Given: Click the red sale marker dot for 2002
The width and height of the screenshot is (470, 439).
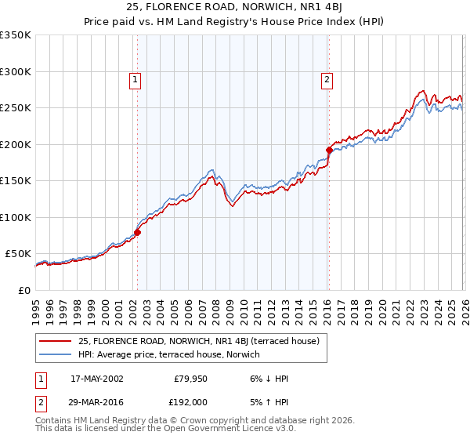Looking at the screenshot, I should tap(137, 232).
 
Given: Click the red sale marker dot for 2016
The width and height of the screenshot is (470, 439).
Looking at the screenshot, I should tap(329, 150).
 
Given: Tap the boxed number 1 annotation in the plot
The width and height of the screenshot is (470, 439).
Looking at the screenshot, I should tap(136, 79).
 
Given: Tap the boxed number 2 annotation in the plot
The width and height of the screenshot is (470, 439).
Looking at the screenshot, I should tap(326, 79).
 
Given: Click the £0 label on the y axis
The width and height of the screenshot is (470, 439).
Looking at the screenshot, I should tap(23, 291).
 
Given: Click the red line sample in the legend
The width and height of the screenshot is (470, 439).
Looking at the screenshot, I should tap(55, 341).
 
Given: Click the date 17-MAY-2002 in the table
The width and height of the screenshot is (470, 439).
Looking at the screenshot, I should tap(96, 379).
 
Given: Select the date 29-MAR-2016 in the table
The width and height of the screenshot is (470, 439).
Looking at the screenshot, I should tap(96, 402).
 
